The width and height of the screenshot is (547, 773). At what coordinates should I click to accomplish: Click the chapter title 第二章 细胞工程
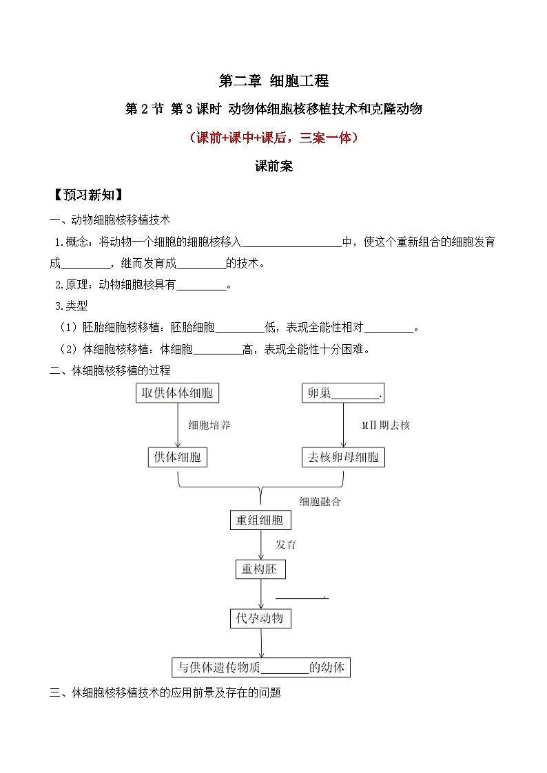coord(273,81)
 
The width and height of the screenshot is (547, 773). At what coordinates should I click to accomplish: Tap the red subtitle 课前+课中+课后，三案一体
coord(273,137)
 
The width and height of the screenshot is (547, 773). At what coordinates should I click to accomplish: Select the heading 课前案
coord(273,166)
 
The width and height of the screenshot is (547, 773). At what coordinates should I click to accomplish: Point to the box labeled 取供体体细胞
coord(178,393)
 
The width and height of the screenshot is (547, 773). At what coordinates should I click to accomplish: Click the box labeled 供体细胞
coord(177,457)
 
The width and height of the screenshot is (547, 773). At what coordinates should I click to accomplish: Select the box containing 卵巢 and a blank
coord(343,393)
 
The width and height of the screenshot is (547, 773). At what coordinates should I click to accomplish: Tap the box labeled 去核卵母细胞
coord(343,457)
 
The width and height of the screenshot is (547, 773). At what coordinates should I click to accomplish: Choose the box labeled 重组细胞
coord(260,520)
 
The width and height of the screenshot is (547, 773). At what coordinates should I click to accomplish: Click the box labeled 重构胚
coord(260,569)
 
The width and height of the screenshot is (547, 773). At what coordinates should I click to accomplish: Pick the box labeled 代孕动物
coord(260,618)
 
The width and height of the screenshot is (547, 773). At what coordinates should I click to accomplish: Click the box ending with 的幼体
coord(261,667)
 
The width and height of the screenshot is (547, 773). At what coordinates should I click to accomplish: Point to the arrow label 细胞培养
coord(209,425)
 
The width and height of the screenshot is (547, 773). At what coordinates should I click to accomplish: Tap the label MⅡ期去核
coord(386,425)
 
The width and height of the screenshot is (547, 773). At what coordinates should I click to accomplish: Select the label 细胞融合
coord(320,502)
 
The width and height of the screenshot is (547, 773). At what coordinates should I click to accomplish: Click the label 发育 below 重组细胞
coord(286,544)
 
